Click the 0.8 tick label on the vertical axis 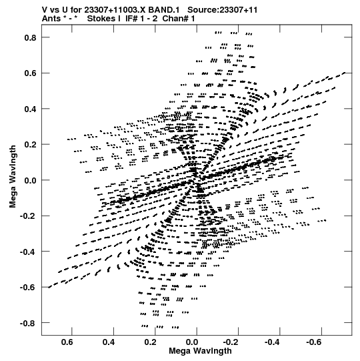(x=31, y=37)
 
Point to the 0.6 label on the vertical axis (x=31, y=73)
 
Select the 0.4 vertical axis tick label (x=31, y=109)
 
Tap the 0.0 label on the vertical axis (x=31, y=180)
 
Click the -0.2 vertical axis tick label (x=28, y=216)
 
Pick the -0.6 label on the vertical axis (x=28, y=288)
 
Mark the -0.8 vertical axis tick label (x=28, y=323)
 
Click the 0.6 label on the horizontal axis (x=67, y=342)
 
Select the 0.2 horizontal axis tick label (x=151, y=342)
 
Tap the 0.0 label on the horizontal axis (x=192, y=342)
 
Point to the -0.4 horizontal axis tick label (x=273, y=342)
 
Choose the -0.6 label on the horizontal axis (x=315, y=342)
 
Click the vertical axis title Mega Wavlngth (x=13, y=177)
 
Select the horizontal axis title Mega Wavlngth (x=200, y=351)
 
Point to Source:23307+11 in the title (x=223, y=10)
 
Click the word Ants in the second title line (x=51, y=19)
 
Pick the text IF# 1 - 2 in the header (x=141, y=19)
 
